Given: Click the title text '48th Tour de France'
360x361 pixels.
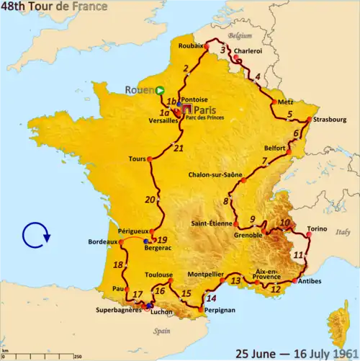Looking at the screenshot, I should tap(55, 7).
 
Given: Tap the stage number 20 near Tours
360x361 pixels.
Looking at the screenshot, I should tap(150, 200).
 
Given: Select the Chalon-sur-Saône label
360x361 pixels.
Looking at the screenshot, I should tap(214, 174).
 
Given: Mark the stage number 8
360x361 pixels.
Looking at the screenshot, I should tap(225, 201).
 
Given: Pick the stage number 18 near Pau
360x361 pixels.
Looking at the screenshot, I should tap(117, 265).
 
